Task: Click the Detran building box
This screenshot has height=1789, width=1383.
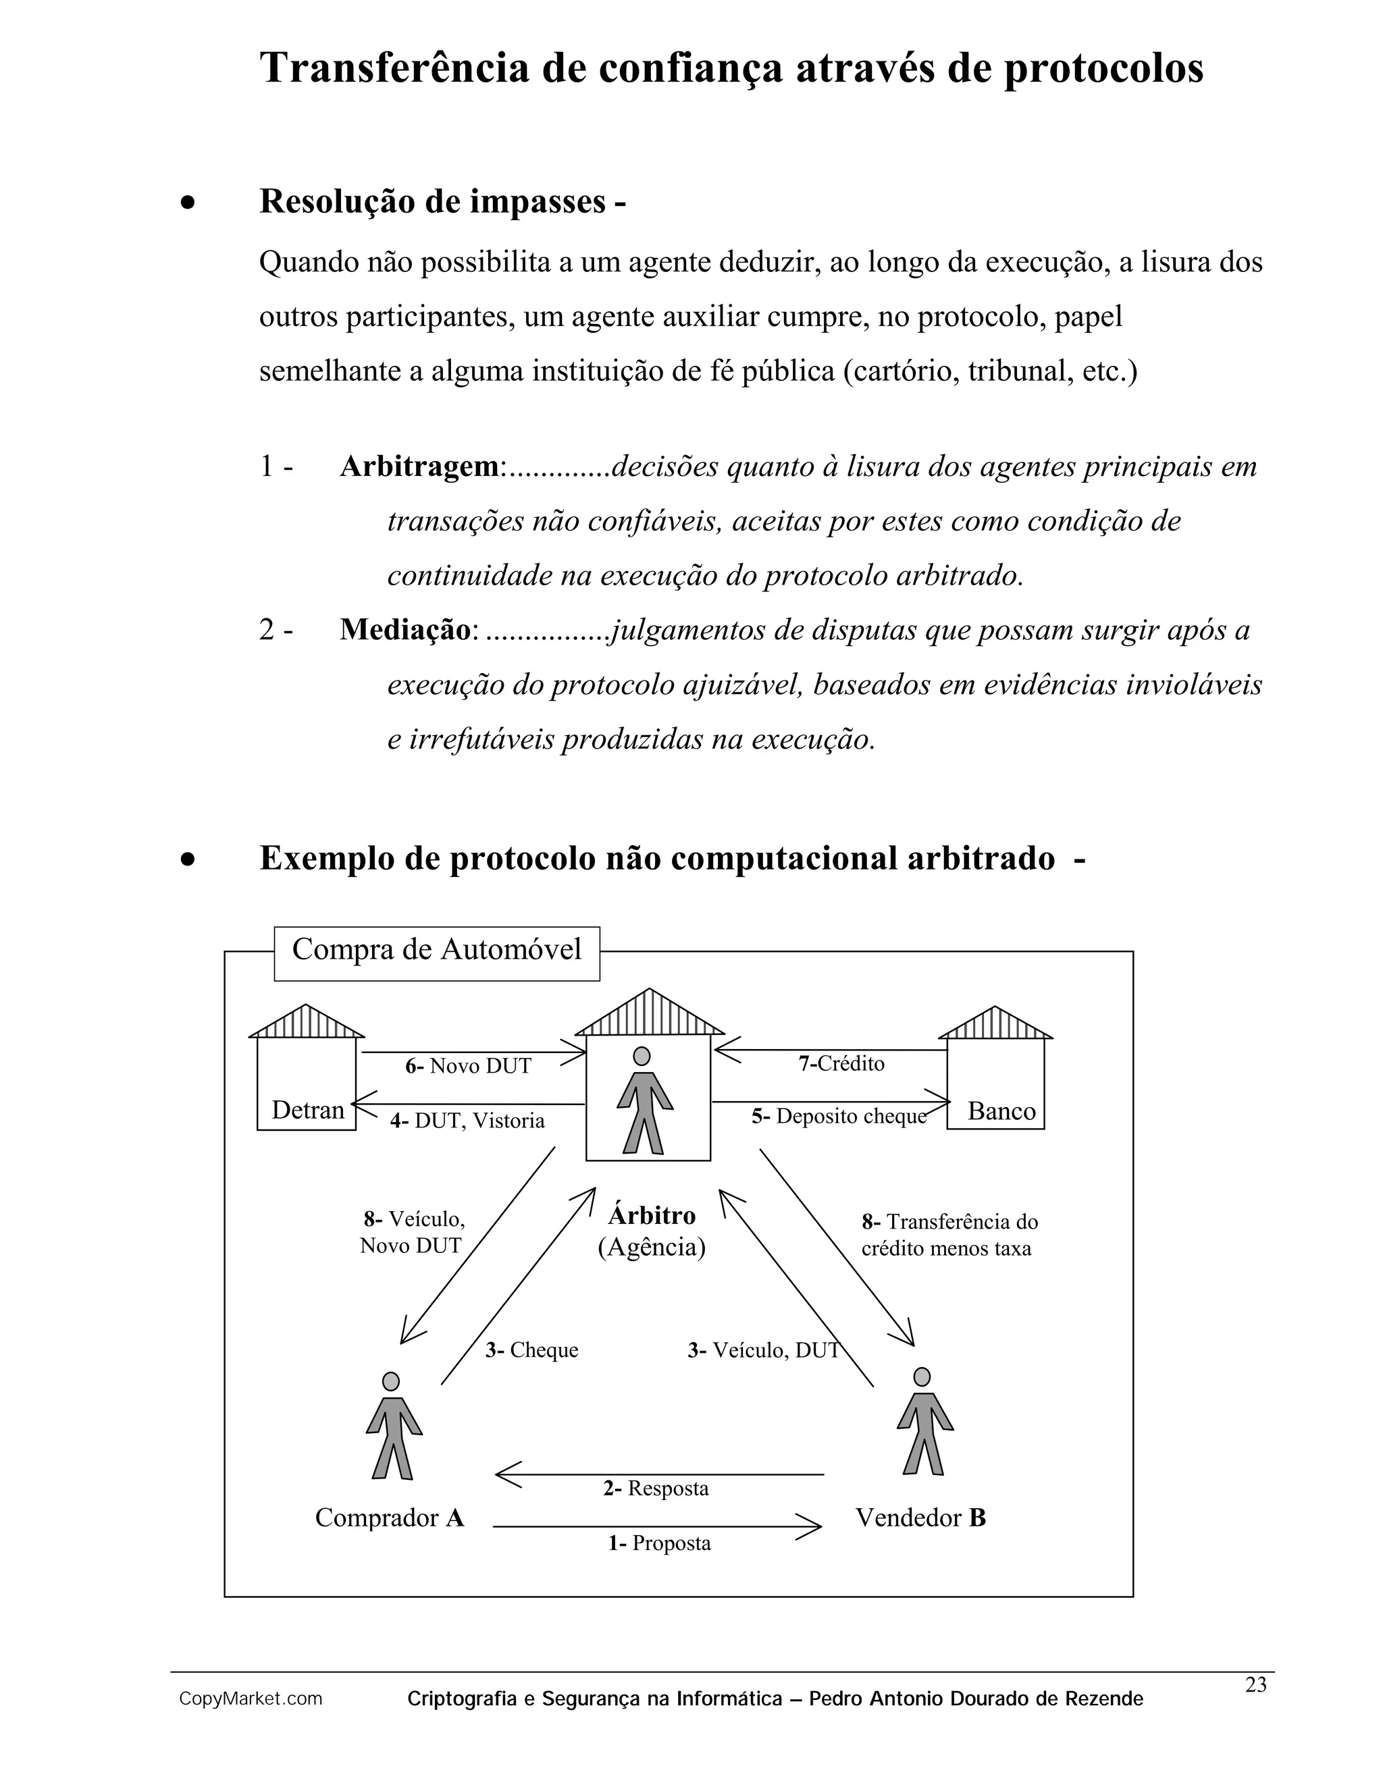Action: [x=307, y=1083]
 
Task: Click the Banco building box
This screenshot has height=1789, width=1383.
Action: [x=995, y=1083]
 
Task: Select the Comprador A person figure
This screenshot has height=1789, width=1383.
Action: [x=393, y=1425]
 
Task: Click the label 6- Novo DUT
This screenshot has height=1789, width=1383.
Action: [x=468, y=1066]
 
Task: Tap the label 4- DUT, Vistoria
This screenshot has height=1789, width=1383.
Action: [x=467, y=1121]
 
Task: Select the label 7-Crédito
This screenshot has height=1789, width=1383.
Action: [x=841, y=1063]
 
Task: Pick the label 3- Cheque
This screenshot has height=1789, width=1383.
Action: [x=531, y=1350]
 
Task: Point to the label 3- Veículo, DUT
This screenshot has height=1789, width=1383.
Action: [x=764, y=1350]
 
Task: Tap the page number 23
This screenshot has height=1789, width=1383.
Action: [x=1255, y=1685]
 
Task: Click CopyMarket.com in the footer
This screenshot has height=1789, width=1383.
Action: [x=251, y=1699]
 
